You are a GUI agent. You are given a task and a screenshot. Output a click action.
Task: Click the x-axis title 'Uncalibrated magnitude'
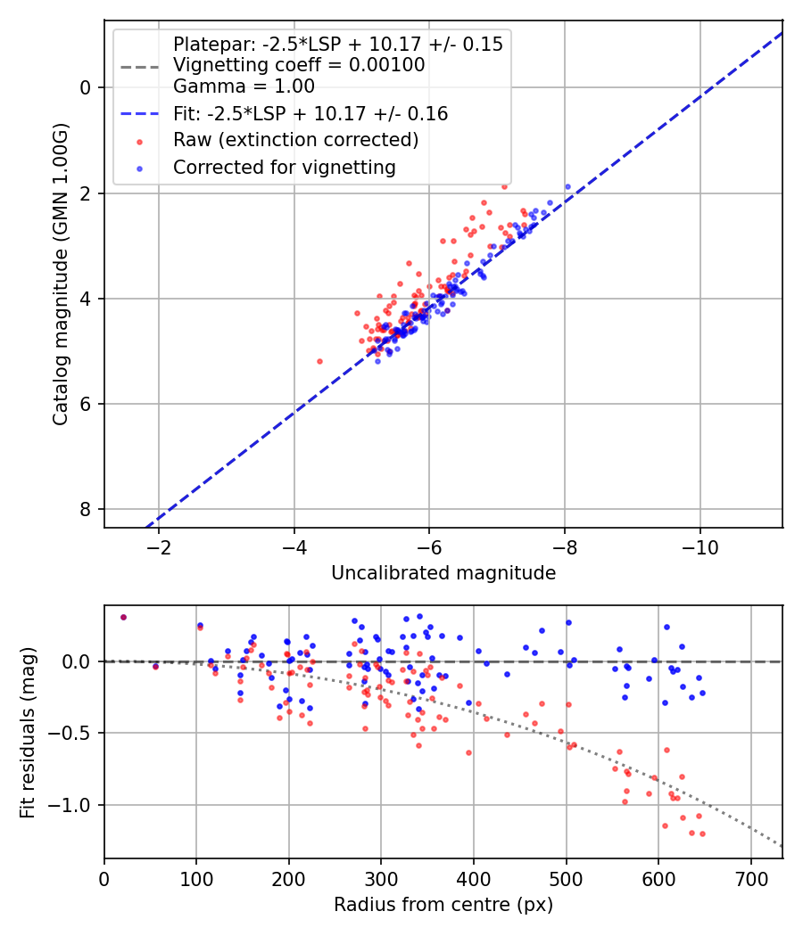tap(443, 573)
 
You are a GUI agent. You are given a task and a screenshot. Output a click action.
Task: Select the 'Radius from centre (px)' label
tap(443, 905)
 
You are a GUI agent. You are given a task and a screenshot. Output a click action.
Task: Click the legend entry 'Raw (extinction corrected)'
tap(295, 140)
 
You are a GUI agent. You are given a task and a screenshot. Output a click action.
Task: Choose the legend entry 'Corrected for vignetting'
tap(285, 167)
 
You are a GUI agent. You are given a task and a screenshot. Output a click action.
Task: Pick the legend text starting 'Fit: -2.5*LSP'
tap(310, 113)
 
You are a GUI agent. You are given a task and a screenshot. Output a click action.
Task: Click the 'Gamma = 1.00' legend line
tap(244, 86)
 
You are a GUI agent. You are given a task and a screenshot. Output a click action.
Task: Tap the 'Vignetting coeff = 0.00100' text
tap(299, 65)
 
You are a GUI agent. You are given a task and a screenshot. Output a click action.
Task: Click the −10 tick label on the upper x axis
tap(700, 546)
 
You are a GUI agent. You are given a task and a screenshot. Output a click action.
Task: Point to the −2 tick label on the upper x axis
tap(160, 546)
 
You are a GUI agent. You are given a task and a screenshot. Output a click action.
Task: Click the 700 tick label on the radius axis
tap(750, 878)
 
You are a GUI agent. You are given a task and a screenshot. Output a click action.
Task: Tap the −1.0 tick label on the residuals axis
tap(73, 805)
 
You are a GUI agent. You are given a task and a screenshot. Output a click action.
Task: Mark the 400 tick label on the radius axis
tap(474, 878)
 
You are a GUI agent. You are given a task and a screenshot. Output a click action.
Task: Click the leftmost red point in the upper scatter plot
tap(319, 361)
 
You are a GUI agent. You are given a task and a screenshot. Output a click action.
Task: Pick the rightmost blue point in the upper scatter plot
tap(567, 186)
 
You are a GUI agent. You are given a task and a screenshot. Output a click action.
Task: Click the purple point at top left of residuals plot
tap(123, 617)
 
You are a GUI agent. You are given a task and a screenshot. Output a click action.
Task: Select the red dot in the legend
tap(139, 141)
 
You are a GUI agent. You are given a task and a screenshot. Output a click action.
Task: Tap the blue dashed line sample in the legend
tap(139, 114)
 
